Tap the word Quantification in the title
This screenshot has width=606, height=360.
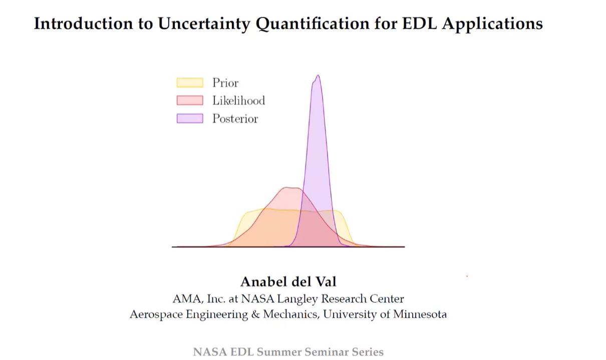(x=313, y=24)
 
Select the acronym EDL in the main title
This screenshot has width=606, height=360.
(x=419, y=23)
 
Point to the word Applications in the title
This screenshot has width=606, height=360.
(x=492, y=24)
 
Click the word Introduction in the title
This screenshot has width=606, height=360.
(x=83, y=23)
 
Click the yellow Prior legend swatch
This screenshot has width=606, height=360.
(x=190, y=83)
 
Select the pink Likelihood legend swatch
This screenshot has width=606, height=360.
(x=190, y=100)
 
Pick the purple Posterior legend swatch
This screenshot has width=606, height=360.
(x=190, y=118)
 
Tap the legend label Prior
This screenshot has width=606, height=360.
(x=225, y=83)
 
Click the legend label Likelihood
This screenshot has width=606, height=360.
(x=238, y=101)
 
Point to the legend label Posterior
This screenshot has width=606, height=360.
(x=235, y=119)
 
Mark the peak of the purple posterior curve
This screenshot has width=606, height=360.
(x=318, y=75)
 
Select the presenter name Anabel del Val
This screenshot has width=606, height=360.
(x=288, y=281)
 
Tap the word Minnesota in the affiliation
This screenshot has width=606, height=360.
(x=420, y=314)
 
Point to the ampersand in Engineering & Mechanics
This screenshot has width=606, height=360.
(x=255, y=314)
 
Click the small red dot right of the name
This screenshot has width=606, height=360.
(x=467, y=276)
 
